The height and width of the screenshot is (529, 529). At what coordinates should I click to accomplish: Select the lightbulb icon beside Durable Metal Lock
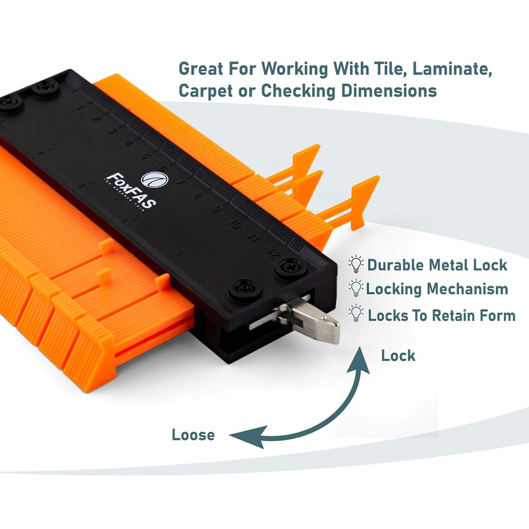tap(356, 265)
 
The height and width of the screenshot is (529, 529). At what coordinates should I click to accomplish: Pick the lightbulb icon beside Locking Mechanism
tap(356, 289)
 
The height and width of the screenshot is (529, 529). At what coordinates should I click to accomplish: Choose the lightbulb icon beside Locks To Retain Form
tap(356, 313)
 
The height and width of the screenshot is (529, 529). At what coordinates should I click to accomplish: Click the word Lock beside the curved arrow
tap(398, 356)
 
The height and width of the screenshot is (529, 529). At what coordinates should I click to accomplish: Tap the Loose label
tap(193, 435)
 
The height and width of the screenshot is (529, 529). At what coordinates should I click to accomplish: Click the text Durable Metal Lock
tap(437, 265)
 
